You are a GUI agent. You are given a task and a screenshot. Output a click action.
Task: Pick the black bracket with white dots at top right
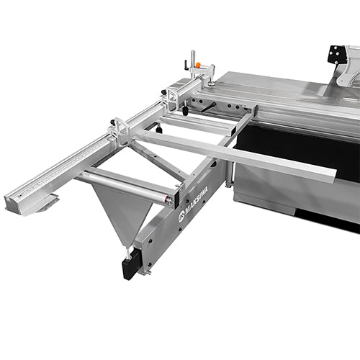(x=336, y=55)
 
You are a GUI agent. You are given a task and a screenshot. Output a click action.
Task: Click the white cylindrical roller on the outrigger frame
(x=126, y=184)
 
